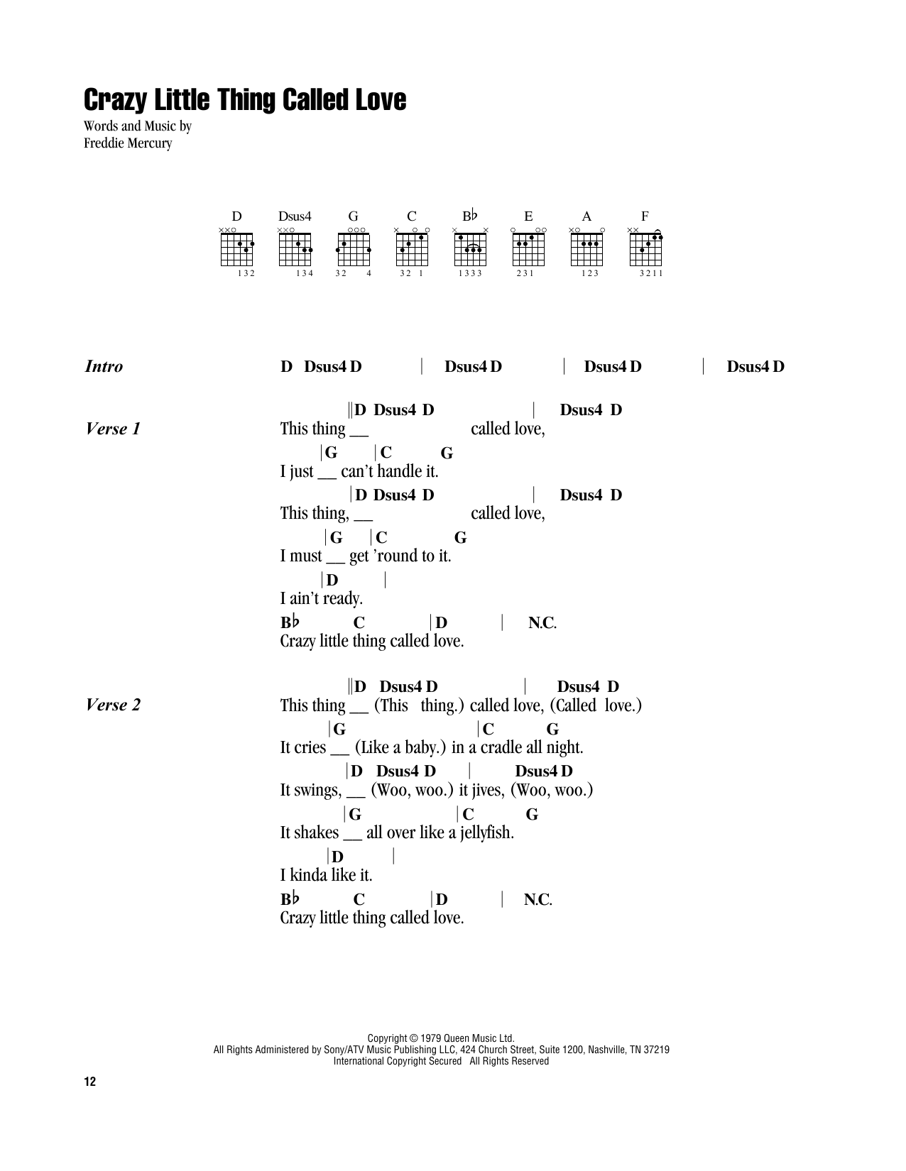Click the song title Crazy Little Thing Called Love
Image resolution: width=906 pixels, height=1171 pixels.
tap(245, 101)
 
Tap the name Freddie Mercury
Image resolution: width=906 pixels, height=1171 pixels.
tap(128, 142)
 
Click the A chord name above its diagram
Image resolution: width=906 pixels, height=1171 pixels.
tap(586, 216)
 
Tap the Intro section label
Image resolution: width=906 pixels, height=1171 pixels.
tap(104, 367)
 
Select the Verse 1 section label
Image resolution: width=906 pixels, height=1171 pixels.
tap(113, 429)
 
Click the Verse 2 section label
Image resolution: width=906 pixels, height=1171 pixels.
tap(113, 705)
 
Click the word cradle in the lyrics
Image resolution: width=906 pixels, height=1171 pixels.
tap(505, 747)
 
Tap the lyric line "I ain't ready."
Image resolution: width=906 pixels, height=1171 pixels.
tap(322, 598)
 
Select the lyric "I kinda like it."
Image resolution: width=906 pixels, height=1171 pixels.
tap(326, 875)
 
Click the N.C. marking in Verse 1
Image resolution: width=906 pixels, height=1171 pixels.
tap(542, 623)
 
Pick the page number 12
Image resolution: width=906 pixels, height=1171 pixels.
tap(89, 1082)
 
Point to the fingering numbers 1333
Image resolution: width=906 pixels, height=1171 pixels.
tap(470, 273)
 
